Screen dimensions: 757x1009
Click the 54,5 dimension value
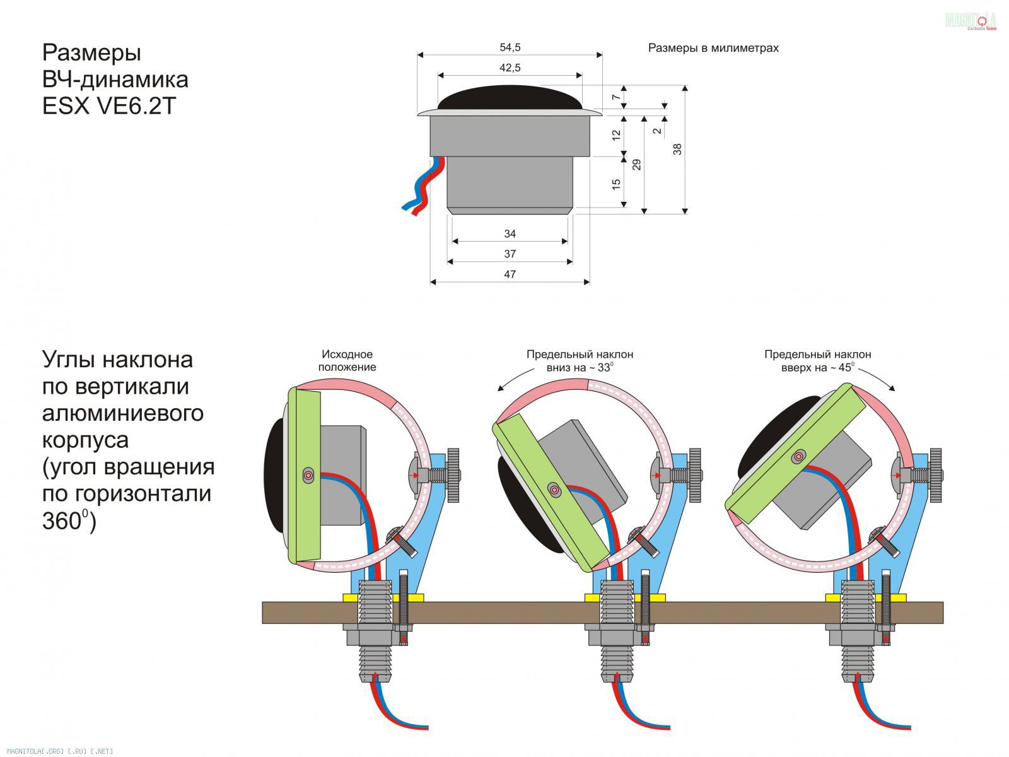coord(510,47)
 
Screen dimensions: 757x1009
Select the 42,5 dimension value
coord(510,67)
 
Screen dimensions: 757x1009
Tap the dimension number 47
coord(510,274)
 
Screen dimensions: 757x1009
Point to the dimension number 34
coord(510,234)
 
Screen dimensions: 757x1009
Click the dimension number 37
coord(510,254)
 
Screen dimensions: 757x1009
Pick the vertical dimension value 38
coord(677,150)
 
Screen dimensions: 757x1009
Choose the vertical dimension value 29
coord(637,165)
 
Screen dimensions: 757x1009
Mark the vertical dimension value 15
coord(616,184)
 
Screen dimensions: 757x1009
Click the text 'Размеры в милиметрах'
coord(713,48)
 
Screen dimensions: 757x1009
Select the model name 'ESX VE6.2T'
coord(108,106)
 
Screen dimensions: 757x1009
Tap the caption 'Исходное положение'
coord(347,361)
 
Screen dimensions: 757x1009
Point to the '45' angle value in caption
coord(845,368)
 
